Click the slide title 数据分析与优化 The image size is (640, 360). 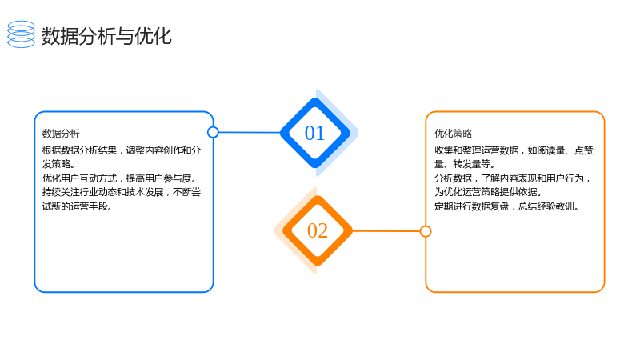106,36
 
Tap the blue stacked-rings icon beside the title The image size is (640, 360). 22,34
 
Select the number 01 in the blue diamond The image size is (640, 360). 314,133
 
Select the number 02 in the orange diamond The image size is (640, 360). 318,230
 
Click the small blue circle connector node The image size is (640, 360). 213,132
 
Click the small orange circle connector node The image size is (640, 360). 426,231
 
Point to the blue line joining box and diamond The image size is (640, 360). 250,132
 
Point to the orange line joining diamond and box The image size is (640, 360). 386,231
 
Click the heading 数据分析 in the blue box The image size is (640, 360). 61,134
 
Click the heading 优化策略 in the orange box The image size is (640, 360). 453,134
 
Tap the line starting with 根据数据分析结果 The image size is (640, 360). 122,150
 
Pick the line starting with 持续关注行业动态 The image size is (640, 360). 122,192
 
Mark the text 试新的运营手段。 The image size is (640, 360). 78,206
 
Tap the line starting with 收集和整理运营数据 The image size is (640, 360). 514,150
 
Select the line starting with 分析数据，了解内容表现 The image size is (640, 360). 513,178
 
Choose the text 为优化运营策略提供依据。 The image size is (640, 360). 489,192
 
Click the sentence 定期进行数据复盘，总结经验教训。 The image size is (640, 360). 507,206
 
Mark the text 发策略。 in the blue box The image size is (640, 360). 58,164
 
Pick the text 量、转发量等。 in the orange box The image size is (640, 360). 465,164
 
